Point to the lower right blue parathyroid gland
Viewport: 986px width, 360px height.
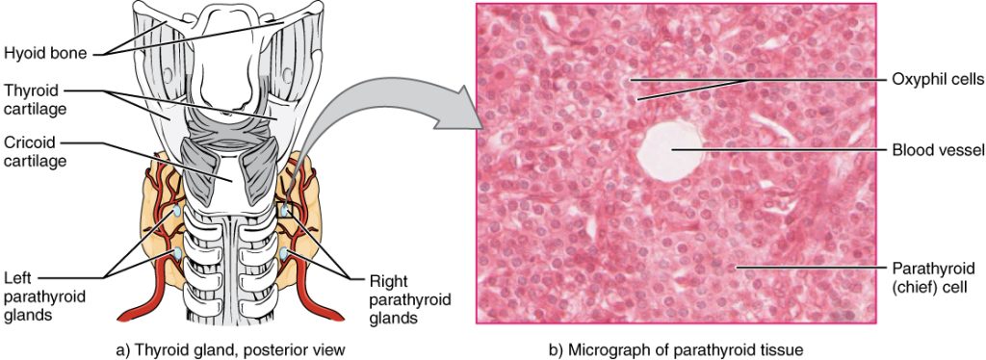point(287,254)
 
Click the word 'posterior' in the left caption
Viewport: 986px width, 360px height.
point(285,347)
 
